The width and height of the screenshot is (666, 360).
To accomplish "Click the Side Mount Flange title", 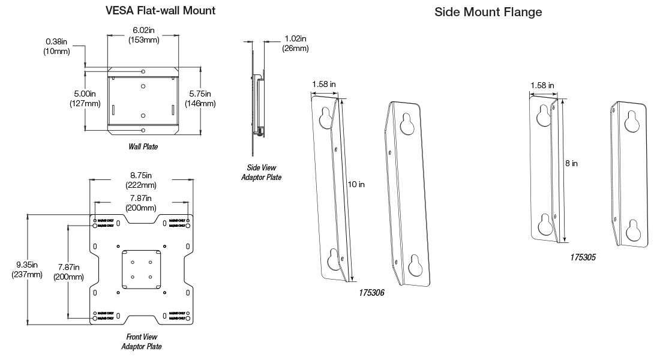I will pyautogui.click(x=488, y=12).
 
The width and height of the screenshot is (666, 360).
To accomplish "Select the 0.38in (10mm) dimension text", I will pyautogui.click(x=56, y=46).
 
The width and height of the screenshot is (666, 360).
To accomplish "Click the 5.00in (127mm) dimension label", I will pyautogui.click(x=85, y=98).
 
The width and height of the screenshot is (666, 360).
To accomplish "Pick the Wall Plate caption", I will pyautogui.click(x=143, y=146).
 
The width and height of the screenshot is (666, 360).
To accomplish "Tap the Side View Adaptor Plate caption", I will pyautogui.click(x=261, y=172).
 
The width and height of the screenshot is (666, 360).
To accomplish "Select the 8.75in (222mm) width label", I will pyautogui.click(x=141, y=179).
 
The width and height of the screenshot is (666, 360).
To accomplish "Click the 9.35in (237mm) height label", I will pyautogui.click(x=27, y=269).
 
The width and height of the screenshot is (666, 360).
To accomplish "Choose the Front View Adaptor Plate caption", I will pyautogui.click(x=141, y=341).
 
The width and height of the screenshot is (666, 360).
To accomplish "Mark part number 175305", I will pyautogui.click(x=583, y=257).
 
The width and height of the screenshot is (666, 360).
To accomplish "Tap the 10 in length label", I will pyautogui.click(x=356, y=184).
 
